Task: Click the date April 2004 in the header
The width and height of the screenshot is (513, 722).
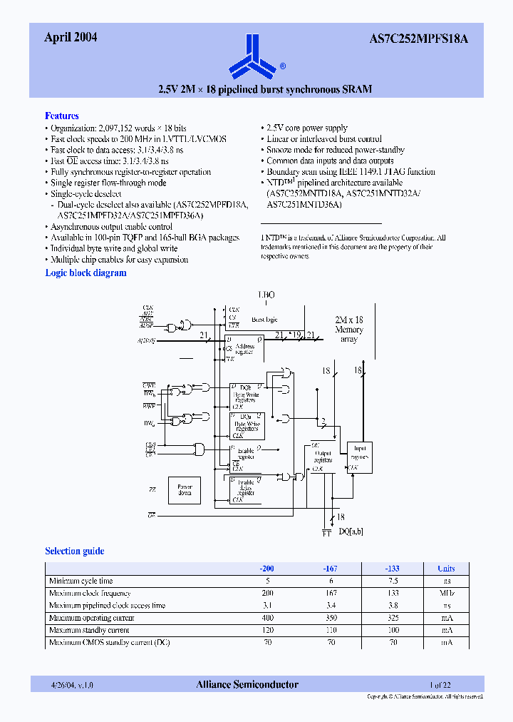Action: tap(71, 39)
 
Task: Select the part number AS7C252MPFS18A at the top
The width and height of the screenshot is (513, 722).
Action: tap(430, 39)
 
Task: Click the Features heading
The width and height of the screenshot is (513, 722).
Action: tap(62, 116)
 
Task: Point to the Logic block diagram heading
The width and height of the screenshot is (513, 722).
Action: tap(85, 273)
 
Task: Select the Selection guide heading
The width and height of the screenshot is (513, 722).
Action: tap(74, 551)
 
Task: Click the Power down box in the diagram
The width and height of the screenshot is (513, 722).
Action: tap(185, 491)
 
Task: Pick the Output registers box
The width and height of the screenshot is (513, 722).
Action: tap(322, 457)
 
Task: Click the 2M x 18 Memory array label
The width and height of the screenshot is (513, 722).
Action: tap(349, 330)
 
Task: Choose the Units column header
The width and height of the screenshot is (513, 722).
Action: tap(446, 569)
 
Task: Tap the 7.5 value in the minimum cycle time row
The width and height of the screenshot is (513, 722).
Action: tap(393, 581)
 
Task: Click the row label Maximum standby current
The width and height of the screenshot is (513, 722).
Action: tap(88, 630)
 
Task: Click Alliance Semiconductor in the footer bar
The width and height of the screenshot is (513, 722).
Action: tap(247, 684)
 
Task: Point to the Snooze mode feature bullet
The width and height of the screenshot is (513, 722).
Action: tap(335, 150)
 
